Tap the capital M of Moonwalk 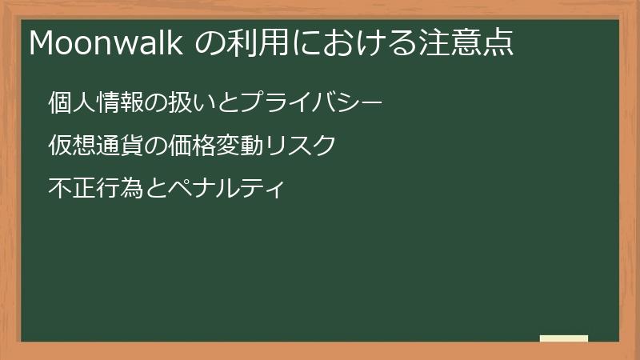[41, 43]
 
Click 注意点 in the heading [469, 43]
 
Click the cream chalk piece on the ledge [564, 338]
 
